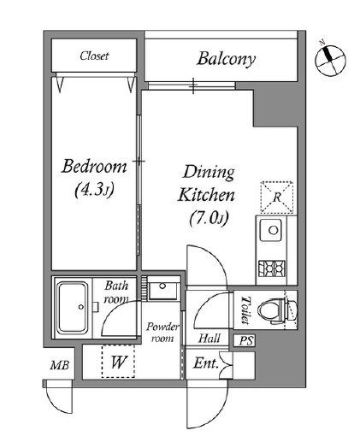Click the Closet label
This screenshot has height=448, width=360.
(x=94, y=56)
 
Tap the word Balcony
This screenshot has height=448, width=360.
(x=226, y=59)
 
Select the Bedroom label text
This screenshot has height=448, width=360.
(x=94, y=167)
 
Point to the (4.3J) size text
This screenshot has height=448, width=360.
(x=94, y=190)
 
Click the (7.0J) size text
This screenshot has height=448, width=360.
(x=209, y=218)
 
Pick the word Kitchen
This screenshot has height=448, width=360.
(x=206, y=195)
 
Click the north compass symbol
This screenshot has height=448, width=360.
(x=331, y=60)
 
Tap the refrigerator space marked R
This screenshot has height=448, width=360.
(x=277, y=197)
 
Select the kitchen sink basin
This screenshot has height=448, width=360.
(x=270, y=230)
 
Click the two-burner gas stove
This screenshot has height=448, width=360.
(x=272, y=268)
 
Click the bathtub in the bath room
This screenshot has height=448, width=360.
(x=73, y=307)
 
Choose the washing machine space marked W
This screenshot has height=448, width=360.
(x=118, y=362)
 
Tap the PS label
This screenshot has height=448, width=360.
(x=246, y=340)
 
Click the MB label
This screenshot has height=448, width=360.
(x=60, y=365)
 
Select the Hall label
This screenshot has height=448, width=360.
(x=210, y=339)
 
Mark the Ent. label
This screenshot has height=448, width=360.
(x=206, y=363)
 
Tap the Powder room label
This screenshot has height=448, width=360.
(x=162, y=333)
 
